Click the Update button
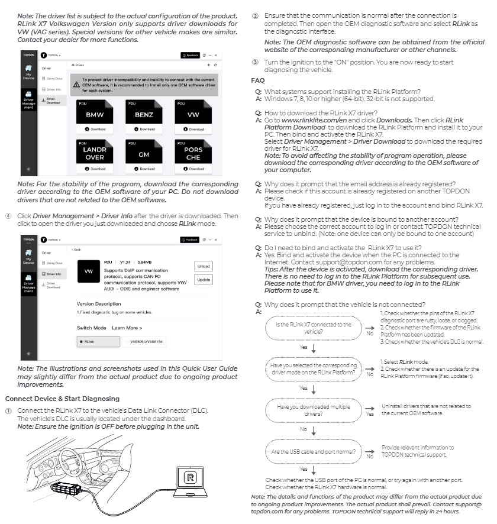pos(203,279)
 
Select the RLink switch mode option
pos(98,341)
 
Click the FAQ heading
pos(258,80)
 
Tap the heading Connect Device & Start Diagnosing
pos(62,399)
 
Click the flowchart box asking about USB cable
pos(314,452)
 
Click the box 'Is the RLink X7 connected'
pos(314,328)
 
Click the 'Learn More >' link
pos(127,328)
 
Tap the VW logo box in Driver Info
pos(89,271)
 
